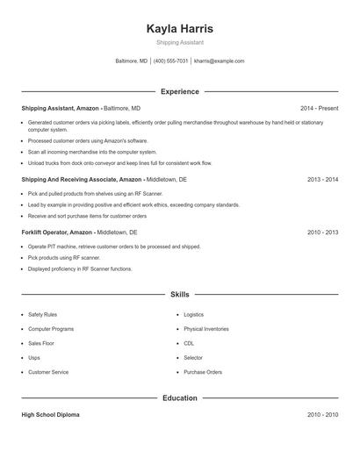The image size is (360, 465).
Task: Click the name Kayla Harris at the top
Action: pos(180,29)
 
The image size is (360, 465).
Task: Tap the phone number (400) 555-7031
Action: pos(171,61)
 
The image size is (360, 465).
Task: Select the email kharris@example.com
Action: pos(219,61)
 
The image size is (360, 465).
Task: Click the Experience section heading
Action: pos(180,91)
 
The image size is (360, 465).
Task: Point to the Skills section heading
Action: pos(180,295)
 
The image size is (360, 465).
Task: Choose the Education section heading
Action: pos(180,397)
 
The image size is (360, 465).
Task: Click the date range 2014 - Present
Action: pos(319,108)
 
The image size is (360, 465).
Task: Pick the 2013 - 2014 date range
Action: pos(322,179)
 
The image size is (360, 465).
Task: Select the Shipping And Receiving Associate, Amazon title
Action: pos(82,179)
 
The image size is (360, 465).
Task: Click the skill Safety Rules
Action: pos(42,314)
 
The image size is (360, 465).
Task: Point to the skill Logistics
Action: pos(193,314)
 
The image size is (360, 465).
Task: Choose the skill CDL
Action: pos(189,343)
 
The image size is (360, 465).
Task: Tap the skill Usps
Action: pos(34,358)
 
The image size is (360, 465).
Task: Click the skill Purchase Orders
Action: pos(203,372)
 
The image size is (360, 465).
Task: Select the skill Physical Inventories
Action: pos(206,329)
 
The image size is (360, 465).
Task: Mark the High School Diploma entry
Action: pos(50,414)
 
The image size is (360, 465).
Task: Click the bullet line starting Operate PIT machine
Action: pos(114,247)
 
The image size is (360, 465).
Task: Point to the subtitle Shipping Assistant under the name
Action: pos(180,42)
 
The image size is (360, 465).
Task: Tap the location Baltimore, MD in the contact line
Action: pos(132,61)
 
